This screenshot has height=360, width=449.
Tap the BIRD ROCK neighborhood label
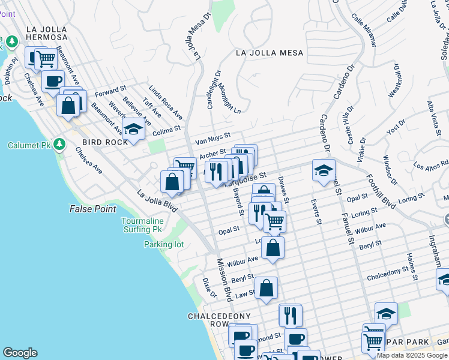tap(105, 142)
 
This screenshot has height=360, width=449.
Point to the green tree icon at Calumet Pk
tap(59, 145)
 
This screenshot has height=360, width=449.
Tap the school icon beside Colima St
tap(133, 128)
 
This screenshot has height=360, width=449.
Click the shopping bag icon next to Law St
tap(266, 288)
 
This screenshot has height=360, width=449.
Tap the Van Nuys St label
tap(212, 139)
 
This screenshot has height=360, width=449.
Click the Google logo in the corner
tap(20, 353)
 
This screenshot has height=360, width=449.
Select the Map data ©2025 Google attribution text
tap(412, 355)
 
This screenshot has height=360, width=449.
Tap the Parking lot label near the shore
tap(163, 244)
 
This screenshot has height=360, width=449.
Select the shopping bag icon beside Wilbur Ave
tap(273, 247)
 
